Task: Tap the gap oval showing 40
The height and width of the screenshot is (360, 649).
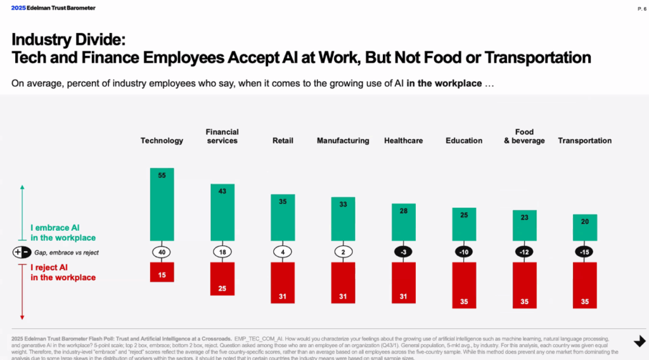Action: tap(162, 252)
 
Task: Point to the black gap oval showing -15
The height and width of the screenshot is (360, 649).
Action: tap(585, 252)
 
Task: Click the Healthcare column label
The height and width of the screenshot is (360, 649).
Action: tap(403, 141)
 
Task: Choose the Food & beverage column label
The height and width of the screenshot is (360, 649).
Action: tap(524, 136)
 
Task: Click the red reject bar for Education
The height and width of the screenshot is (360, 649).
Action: tap(464, 284)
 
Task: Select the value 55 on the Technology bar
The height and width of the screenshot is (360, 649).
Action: tap(162, 175)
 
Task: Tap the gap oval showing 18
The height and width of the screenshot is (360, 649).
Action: tap(222, 252)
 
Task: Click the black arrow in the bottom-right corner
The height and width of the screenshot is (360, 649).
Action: tap(639, 342)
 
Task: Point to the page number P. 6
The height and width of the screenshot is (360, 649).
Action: tap(641, 9)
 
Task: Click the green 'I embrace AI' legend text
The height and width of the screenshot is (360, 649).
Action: tap(63, 233)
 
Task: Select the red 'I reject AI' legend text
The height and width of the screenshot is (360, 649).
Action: tap(63, 273)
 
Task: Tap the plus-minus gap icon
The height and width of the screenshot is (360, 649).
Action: tap(22, 252)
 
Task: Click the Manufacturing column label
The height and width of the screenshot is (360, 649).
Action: tap(343, 141)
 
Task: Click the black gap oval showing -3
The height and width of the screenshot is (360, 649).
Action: tap(403, 252)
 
